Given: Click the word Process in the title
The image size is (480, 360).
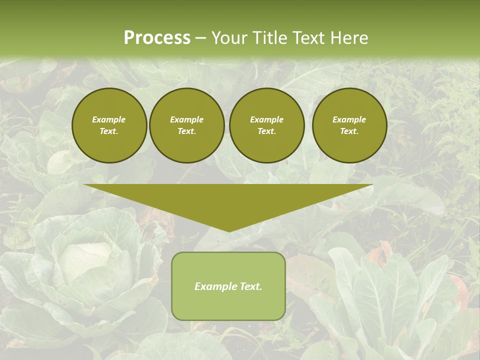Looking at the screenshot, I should [x=157, y=38].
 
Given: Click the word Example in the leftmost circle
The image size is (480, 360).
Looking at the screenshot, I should [x=109, y=119].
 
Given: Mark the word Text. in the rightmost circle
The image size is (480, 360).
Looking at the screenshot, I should [x=349, y=131].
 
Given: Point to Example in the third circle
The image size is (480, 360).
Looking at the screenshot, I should [x=267, y=119].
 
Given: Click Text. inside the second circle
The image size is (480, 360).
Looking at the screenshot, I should [x=187, y=131].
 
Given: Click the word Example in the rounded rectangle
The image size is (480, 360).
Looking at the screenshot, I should [x=212, y=286].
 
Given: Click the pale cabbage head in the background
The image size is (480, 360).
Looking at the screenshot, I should [x=85, y=260].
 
